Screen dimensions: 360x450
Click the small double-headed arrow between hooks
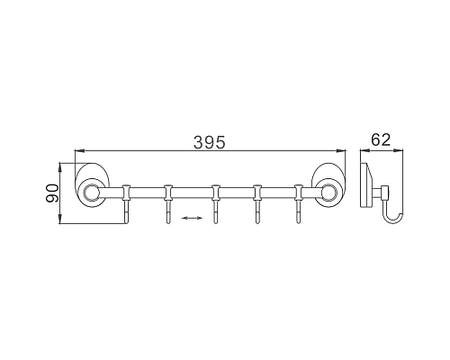[191, 218]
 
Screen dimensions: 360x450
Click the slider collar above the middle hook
[214, 191]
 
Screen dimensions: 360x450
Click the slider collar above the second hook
[168, 191]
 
